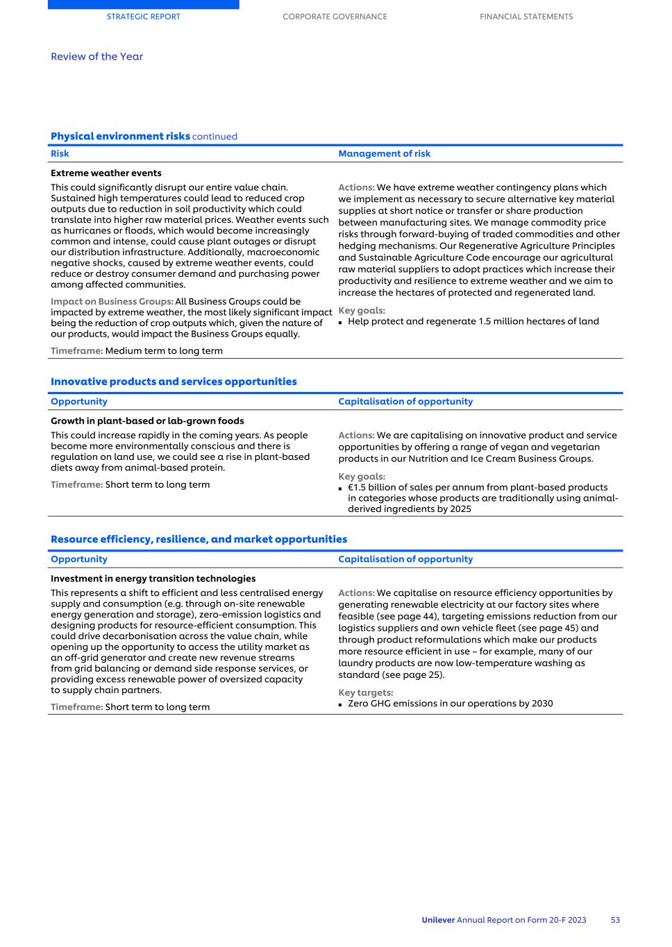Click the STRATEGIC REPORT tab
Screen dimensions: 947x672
[143, 17]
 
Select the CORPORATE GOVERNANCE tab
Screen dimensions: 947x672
[335, 17]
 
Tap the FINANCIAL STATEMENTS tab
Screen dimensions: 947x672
[526, 17]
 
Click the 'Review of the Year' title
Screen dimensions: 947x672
[96, 57]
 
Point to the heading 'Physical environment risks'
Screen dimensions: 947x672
[120, 136]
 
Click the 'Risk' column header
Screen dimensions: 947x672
[60, 154]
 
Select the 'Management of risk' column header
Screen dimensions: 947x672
[384, 154]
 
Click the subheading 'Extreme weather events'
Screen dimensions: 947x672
[106, 173]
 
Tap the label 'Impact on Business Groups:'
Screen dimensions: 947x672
[112, 302]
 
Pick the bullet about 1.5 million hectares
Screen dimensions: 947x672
[473, 321]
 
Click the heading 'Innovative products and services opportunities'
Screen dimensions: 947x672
[174, 382]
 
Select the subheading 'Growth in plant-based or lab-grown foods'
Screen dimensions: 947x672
[147, 421]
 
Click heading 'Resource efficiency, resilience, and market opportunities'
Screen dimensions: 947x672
[199, 539]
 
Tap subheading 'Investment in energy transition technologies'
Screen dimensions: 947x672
[153, 579]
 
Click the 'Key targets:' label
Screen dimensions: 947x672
[365, 692]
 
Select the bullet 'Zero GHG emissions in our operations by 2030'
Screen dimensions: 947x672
[450, 703]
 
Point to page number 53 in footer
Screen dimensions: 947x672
[615, 920]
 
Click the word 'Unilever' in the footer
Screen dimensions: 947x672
[438, 920]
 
